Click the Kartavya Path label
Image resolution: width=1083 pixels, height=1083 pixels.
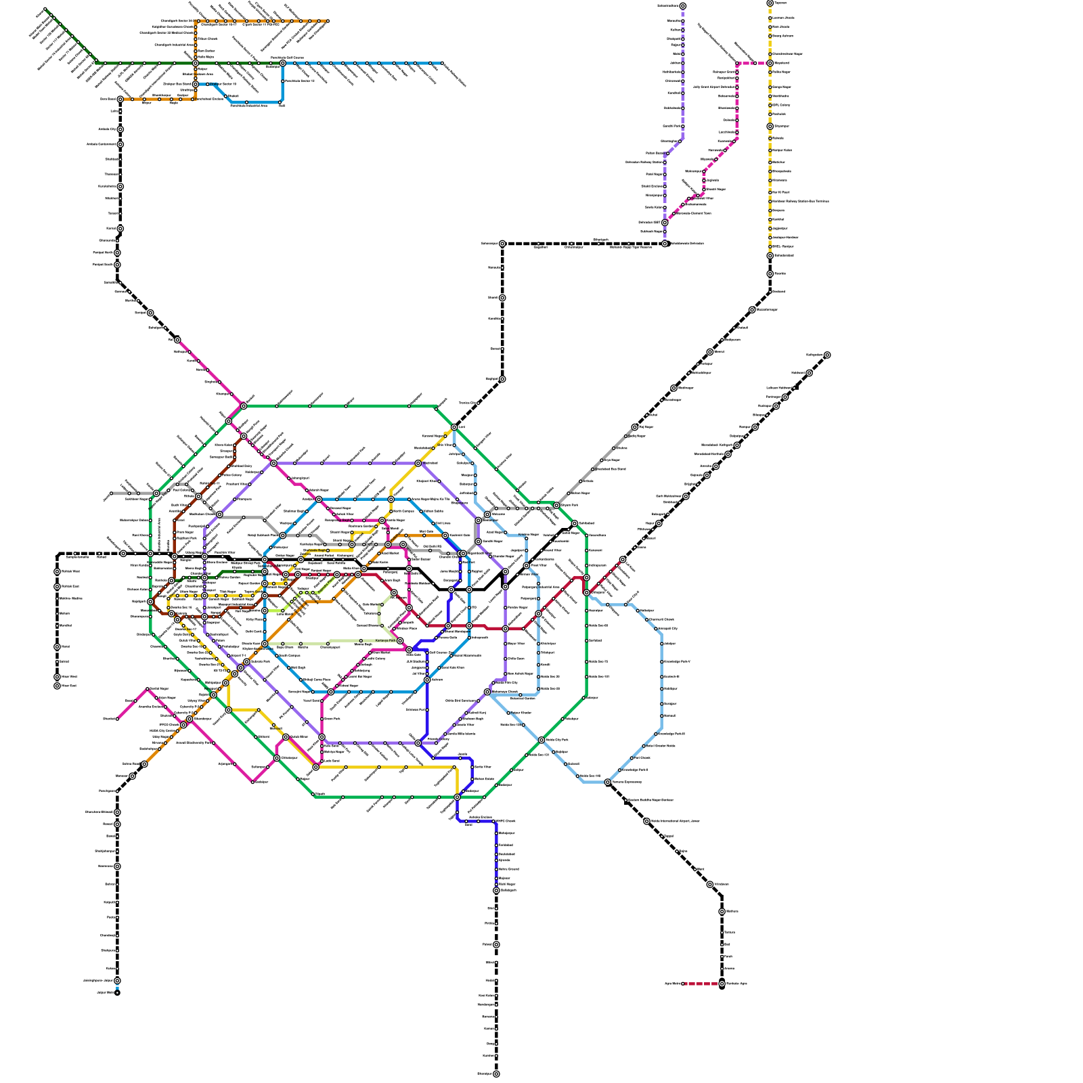pyautogui.click(x=385, y=640)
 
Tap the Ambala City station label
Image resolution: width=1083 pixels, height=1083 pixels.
pyautogui.click(x=107, y=129)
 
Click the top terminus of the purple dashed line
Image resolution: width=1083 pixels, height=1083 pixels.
pyautogui.click(x=683, y=6)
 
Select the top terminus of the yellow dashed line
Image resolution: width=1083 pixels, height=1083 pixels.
pyautogui.click(x=770, y=3)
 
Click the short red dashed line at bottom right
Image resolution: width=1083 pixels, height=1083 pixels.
pyautogui.click(x=702, y=983)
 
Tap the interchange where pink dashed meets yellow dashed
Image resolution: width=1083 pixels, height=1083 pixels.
pyautogui.click(x=770, y=63)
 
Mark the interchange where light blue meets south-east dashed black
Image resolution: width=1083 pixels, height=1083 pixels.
pyautogui.click(x=608, y=782)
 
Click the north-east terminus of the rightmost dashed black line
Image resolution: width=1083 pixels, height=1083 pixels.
pyautogui.click(x=827, y=355)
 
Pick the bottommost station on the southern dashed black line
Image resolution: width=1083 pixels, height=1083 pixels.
pyautogui.click(x=496, y=1074)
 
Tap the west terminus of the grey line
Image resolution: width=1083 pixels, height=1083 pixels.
pyautogui.click(x=111, y=493)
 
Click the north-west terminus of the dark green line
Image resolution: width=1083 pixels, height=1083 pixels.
pyautogui.click(x=45, y=9)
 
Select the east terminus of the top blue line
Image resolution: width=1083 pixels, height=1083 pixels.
pyautogui.click(x=443, y=63)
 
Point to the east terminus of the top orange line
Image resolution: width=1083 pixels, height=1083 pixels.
pyautogui.click(x=328, y=21)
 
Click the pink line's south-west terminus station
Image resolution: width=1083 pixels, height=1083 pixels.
pyautogui.click(x=117, y=719)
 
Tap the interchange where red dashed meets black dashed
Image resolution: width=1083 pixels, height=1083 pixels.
pyautogui.click(x=722, y=983)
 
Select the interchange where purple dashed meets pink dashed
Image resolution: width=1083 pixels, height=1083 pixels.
pyautogui.click(x=665, y=222)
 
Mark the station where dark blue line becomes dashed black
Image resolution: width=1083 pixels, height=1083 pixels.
pyautogui.click(x=496, y=890)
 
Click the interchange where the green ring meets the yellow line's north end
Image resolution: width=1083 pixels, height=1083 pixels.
pyautogui.click(x=454, y=427)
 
